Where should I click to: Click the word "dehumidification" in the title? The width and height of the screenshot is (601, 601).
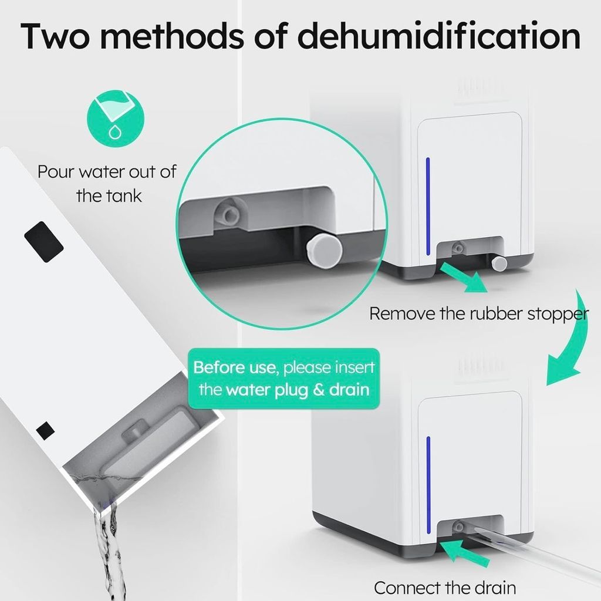click(438, 36)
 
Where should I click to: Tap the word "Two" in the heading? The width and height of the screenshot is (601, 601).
click(55, 36)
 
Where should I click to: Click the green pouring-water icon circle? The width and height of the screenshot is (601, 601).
click(116, 119)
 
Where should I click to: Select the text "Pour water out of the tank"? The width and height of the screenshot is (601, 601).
click(107, 184)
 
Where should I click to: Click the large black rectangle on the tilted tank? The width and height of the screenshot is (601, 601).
click(43, 242)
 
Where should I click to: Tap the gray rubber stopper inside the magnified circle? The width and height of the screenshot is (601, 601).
click(324, 250)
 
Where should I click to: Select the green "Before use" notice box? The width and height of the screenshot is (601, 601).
click(283, 379)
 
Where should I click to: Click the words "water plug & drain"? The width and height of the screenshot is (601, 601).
click(298, 390)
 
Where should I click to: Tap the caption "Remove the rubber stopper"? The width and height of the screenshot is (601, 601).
click(478, 314)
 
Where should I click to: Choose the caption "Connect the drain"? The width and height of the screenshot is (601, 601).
click(445, 588)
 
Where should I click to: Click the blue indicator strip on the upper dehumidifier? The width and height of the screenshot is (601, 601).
click(428, 206)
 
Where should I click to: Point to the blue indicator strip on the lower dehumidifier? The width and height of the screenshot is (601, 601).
click(428, 485)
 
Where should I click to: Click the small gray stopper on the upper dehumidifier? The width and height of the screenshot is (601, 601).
click(499, 263)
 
